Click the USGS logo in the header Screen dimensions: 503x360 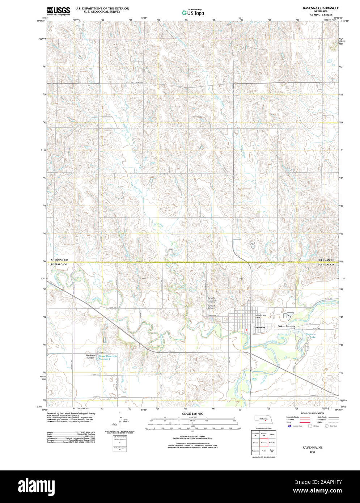point(58,11)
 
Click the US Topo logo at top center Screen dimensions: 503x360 point(193,12)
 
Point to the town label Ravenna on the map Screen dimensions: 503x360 point(259,327)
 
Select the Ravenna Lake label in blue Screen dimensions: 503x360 point(310,335)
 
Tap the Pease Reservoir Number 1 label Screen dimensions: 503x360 point(108,358)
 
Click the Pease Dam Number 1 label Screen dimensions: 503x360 point(90,356)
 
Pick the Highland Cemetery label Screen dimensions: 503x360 point(211,307)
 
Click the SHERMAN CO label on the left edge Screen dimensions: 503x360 point(59,260)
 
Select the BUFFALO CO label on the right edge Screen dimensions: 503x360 point(326,265)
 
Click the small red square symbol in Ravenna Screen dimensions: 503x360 point(246,330)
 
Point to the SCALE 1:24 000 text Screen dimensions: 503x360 point(192,414)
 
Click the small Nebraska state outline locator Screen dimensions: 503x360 point(264,419)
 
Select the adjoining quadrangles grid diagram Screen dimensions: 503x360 point(263,443)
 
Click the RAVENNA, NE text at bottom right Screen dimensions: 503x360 point(312,448)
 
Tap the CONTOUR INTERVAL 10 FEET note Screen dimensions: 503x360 point(192,436)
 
